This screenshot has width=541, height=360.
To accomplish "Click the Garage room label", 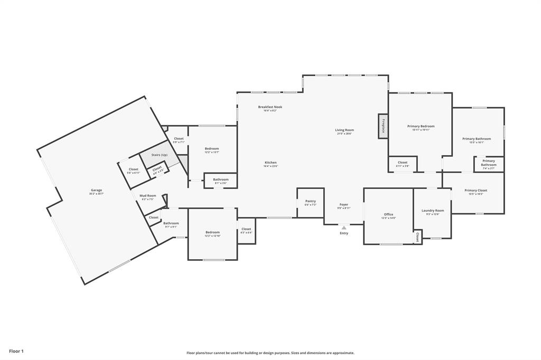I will (96, 190).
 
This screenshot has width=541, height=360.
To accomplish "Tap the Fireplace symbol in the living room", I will (383, 127).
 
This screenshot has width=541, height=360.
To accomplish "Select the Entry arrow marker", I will (344, 228).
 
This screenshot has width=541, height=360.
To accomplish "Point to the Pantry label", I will (310, 201).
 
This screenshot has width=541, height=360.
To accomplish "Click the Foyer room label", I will (344, 204).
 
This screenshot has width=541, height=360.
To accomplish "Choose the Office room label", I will (388, 214).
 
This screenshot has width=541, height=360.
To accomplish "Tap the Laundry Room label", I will (433, 210).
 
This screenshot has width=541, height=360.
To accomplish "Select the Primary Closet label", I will (475, 190).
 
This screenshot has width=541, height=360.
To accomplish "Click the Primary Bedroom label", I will (421, 126).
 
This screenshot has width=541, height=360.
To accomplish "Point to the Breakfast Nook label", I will (270, 107).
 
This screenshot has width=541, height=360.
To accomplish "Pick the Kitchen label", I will (270, 163).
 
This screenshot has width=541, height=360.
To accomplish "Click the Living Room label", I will (344, 130).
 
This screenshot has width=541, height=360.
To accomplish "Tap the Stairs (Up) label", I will (159, 155).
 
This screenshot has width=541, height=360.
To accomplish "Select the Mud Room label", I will (147, 195).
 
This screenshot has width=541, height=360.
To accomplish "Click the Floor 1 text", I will (16, 351).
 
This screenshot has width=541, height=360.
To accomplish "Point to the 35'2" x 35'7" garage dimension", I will (96, 194).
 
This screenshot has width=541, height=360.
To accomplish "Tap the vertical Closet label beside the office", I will (417, 237).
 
